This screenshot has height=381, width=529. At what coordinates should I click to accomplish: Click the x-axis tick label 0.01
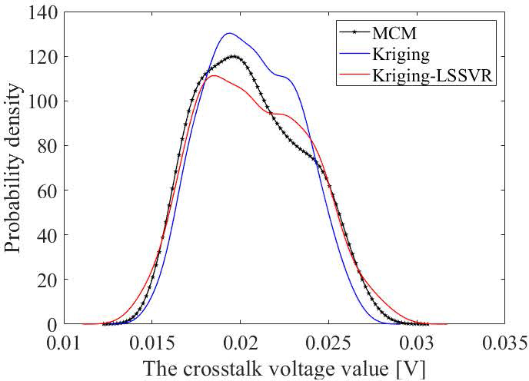(x=65, y=340)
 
